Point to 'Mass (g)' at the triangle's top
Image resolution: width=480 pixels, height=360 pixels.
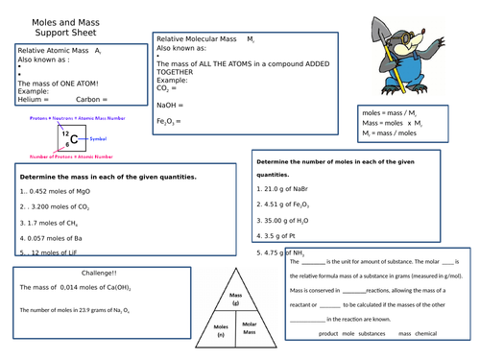[x=233, y=299]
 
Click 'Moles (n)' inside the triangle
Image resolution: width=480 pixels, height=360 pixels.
[x=219, y=331]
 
